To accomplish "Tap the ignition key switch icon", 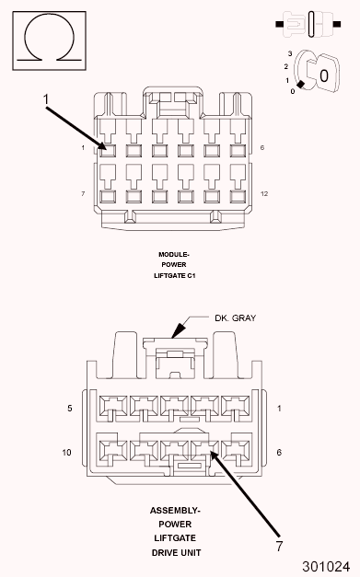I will (319, 73).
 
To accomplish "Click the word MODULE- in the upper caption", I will (173, 254).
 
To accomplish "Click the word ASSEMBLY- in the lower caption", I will (174, 509).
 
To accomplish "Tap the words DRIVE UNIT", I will (174, 552).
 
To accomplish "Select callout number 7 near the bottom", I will (279, 546).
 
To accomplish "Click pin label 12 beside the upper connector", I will (263, 193).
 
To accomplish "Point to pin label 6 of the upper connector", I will (262, 147).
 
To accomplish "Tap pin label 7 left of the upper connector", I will (83, 193).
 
